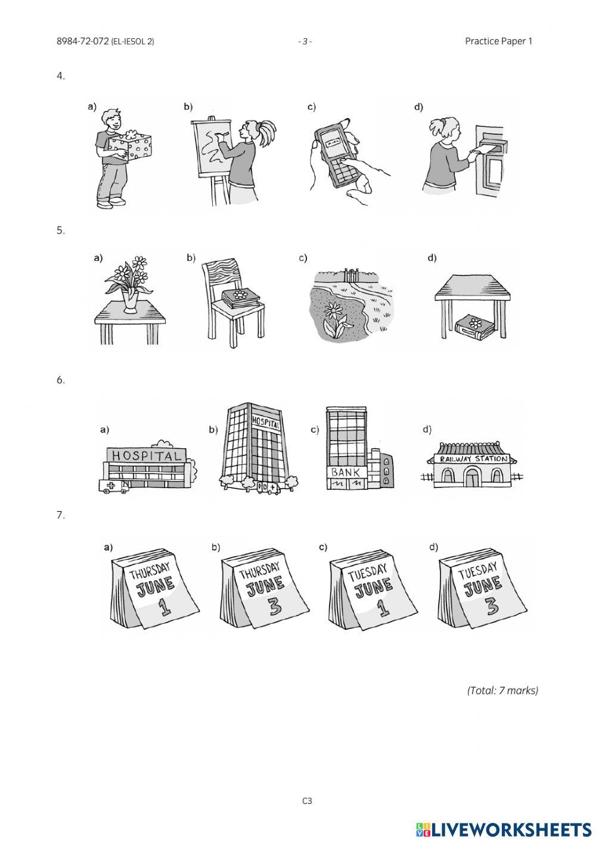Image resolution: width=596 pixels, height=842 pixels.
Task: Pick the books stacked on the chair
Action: click(241, 299)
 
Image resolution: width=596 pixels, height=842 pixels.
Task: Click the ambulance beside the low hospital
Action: click(113, 487)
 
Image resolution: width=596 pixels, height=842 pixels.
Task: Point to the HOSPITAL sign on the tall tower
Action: click(265, 422)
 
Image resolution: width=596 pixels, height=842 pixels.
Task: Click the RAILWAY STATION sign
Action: click(474, 459)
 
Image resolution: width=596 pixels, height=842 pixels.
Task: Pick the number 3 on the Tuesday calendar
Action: click(492, 607)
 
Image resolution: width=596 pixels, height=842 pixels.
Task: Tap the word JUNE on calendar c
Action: click(373, 589)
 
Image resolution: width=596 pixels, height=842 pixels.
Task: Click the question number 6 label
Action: click(60, 380)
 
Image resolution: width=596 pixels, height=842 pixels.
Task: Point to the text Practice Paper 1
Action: click(498, 41)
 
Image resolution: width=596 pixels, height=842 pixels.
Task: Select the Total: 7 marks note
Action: click(502, 691)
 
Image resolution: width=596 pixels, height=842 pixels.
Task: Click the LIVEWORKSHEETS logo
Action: click(504, 829)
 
